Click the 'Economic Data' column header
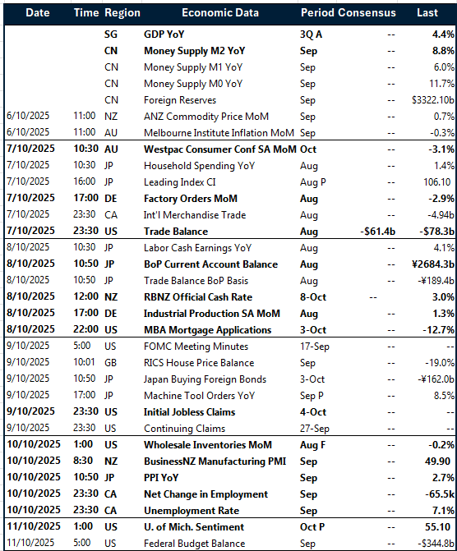tap(219, 13)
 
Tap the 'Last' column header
tap(427, 13)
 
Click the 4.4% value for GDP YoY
tap(443, 34)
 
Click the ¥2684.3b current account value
tap(428, 264)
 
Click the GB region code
tap(111, 363)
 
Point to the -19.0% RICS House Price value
tap(439, 363)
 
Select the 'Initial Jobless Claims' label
tap(189, 412)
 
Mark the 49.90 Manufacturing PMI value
tap(440, 461)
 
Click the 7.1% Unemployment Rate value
tap(443, 511)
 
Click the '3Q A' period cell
tap(313, 34)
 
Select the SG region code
tap(111, 34)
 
